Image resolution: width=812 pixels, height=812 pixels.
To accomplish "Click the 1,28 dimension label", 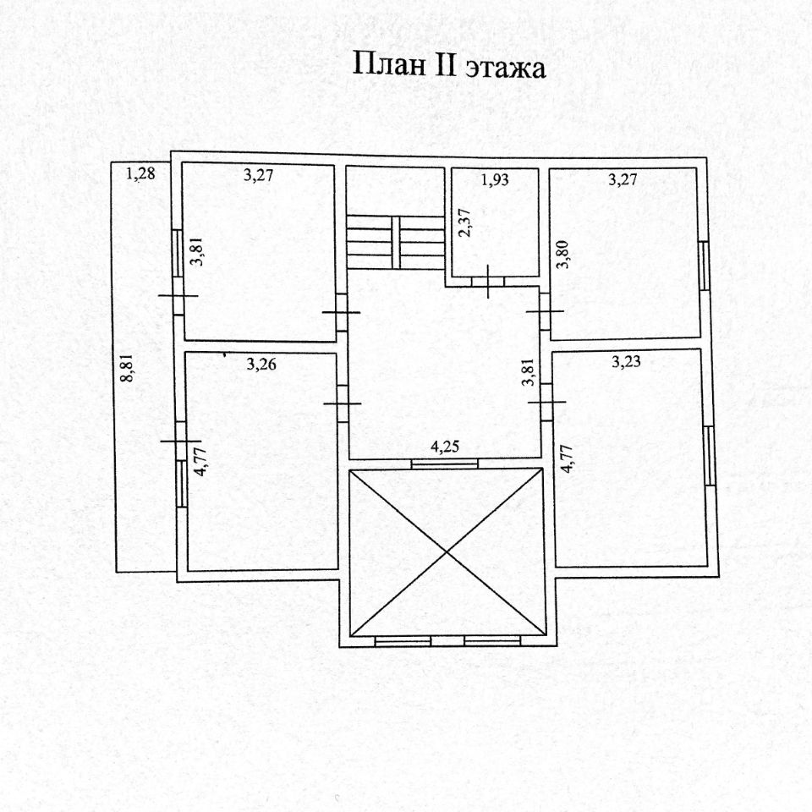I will coord(140,175).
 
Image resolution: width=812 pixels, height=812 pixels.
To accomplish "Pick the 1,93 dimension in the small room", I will coord(496,179).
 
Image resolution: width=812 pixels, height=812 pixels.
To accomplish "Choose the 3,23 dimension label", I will coord(626,362).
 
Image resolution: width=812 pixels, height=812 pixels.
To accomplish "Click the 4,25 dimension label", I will coord(445,448).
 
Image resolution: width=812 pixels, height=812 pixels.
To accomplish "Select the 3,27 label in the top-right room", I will coord(626,178).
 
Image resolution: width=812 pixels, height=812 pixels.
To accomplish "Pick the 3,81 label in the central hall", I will coord(528,373).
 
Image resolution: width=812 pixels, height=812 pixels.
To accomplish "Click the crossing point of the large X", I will coord(447,552).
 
